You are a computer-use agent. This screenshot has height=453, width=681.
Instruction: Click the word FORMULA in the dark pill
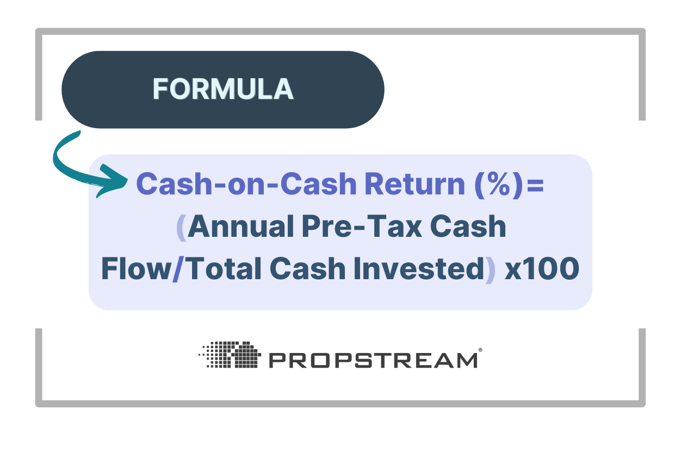click(223, 90)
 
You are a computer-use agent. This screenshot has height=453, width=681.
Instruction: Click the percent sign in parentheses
click(496, 185)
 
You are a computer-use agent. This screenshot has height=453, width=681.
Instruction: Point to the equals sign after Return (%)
click(535, 185)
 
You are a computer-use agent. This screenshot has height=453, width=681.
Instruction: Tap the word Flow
click(136, 270)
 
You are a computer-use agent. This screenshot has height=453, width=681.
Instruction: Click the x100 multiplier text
click(542, 270)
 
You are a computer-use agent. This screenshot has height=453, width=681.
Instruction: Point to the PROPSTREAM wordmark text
click(373, 360)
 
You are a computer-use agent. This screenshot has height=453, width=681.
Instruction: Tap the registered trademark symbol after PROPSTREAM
click(480, 351)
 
